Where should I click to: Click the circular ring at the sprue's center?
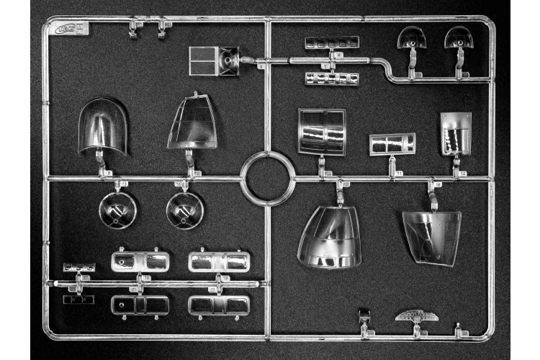tap(267, 179)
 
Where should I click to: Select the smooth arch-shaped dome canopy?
tap(102, 127)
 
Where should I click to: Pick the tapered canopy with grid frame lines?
tap(192, 123)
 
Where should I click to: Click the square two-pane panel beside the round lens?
tap(204, 60)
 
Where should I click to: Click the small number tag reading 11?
tap(400, 174)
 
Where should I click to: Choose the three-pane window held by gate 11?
tap(392, 144)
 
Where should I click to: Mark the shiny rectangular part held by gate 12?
tap(456, 133)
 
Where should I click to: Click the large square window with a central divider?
tap(321, 132)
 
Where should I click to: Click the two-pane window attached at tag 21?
tap(140, 305)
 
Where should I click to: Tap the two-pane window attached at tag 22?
tap(219, 305)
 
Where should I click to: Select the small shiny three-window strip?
tap(79, 267)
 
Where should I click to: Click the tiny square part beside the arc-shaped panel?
tap(365, 315)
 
